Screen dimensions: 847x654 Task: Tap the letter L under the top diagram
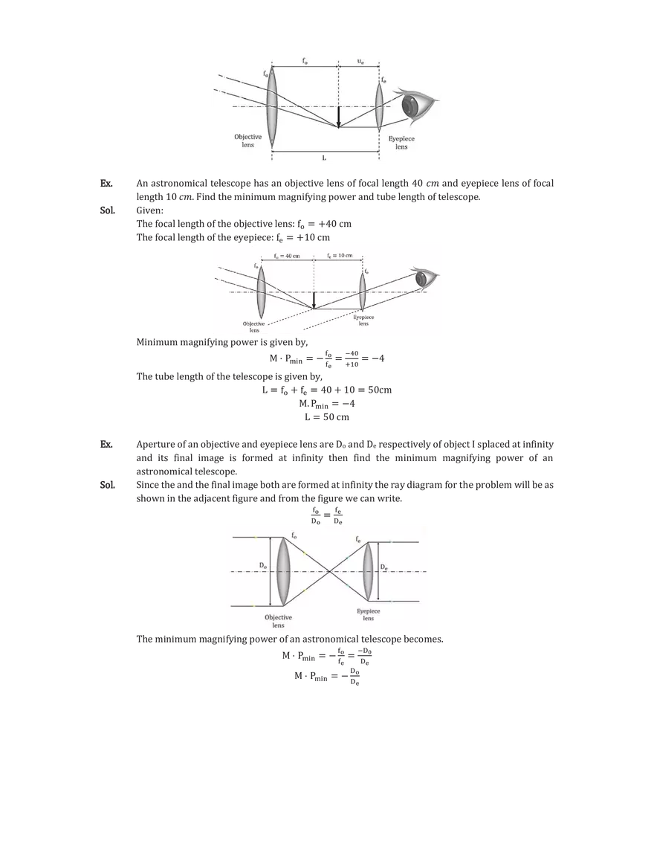[x=324, y=158]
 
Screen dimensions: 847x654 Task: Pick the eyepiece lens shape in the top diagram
[x=379, y=106]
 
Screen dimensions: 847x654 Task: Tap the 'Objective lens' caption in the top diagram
[x=248, y=141]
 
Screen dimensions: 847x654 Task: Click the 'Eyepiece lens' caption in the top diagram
[x=401, y=142]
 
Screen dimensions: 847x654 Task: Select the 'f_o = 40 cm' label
[x=286, y=256]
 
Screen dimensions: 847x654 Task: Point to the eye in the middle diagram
[x=424, y=279]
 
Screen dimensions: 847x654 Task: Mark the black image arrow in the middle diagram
[x=314, y=300]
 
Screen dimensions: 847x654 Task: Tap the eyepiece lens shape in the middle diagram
[x=363, y=292]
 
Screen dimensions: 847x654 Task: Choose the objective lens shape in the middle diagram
[x=261, y=291]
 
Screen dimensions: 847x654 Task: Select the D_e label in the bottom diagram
[x=383, y=567]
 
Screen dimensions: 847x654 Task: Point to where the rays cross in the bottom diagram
[x=330, y=571]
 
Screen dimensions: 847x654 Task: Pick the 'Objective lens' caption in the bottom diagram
[x=279, y=622]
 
